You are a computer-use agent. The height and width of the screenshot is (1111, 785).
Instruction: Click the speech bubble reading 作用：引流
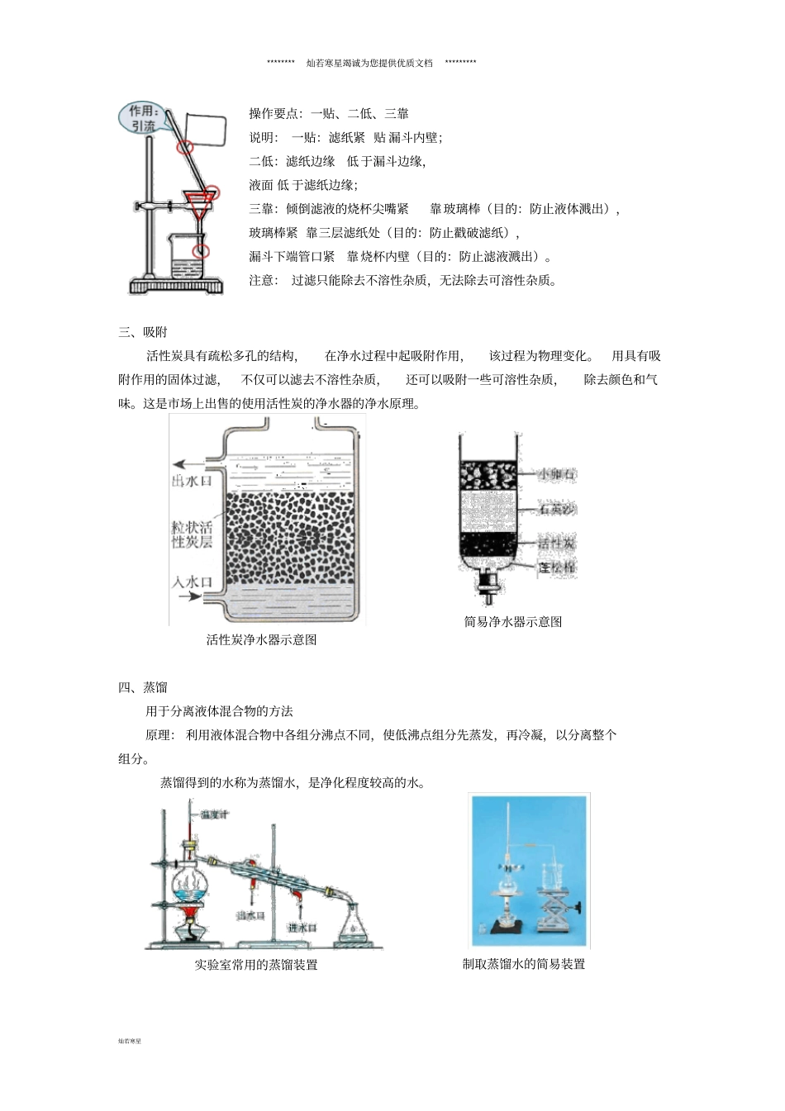[142, 118]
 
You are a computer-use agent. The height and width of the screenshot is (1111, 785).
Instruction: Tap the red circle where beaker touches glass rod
[186, 146]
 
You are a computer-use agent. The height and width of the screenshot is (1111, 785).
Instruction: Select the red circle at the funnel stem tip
[200, 249]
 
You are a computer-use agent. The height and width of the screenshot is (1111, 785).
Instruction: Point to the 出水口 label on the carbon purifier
[192, 480]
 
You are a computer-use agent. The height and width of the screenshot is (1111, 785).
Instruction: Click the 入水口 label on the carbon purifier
[192, 582]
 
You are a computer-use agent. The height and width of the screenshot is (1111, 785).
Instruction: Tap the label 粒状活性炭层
[193, 533]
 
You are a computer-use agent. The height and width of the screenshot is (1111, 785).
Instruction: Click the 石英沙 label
[556, 510]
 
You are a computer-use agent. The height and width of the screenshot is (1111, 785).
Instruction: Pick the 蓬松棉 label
[556, 567]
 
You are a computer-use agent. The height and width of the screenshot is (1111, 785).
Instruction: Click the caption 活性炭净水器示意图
[261, 639]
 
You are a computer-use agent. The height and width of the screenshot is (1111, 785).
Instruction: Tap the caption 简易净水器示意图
[513, 622]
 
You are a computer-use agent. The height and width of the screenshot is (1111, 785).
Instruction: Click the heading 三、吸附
[143, 332]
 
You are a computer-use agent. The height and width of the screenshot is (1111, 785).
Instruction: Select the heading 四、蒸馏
[143, 687]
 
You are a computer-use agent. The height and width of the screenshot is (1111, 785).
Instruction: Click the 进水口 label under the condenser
[302, 928]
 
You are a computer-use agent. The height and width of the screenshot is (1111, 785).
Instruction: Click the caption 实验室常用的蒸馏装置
[256, 965]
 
